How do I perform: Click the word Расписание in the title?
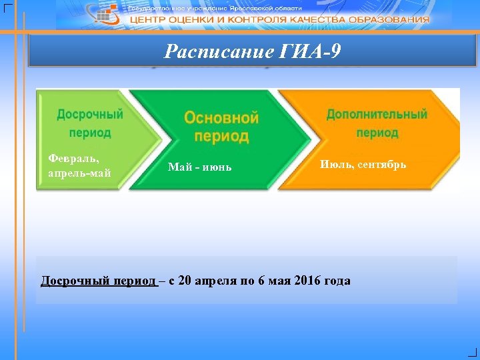pos(218,51)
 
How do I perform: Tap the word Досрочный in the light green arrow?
pos(89,114)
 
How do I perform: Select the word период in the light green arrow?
pos(89,132)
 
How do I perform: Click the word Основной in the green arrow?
pos(221,118)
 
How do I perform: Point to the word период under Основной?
pos(221,137)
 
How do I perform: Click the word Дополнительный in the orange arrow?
pos(377,114)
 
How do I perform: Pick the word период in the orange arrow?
pos(377,132)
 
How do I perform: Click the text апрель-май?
pos(79,173)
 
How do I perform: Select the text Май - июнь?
pos(200,167)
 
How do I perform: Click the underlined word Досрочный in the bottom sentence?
pos(69,281)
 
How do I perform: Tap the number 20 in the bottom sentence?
pos(185,281)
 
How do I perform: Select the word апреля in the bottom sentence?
pos(216,281)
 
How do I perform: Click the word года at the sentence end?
pos(337,281)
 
